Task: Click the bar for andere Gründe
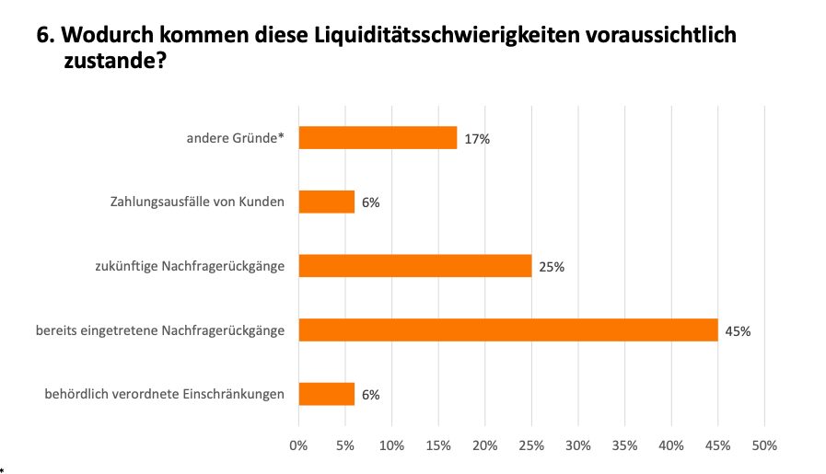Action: pyautogui.click(x=378, y=138)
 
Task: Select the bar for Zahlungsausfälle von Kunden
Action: pyautogui.click(x=327, y=202)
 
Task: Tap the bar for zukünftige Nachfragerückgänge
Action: pyautogui.click(x=415, y=266)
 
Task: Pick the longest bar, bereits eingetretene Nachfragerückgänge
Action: pyautogui.click(x=508, y=330)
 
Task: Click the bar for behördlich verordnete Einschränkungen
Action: pyautogui.click(x=327, y=394)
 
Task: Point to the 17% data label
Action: pyautogui.click(x=477, y=139)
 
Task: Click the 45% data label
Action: pyautogui.click(x=738, y=331)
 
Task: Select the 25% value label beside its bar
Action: pyautogui.click(x=552, y=267)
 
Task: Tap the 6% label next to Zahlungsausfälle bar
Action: pyautogui.click(x=371, y=202)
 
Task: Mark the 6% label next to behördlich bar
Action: pyautogui.click(x=371, y=395)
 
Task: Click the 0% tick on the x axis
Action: pyautogui.click(x=298, y=445)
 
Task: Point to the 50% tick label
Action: pyautogui.click(x=764, y=445)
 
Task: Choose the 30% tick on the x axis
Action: pyautogui.click(x=578, y=445)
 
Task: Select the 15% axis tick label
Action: pyautogui.click(x=438, y=445)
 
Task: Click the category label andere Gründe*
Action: pyautogui.click(x=236, y=138)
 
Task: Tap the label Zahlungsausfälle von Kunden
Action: pyautogui.click(x=197, y=202)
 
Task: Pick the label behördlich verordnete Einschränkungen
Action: pyautogui.click(x=164, y=394)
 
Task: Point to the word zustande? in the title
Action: pyautogui.click(x=115, y=61)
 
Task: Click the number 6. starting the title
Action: pyautogui.click(x=45, y=35)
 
